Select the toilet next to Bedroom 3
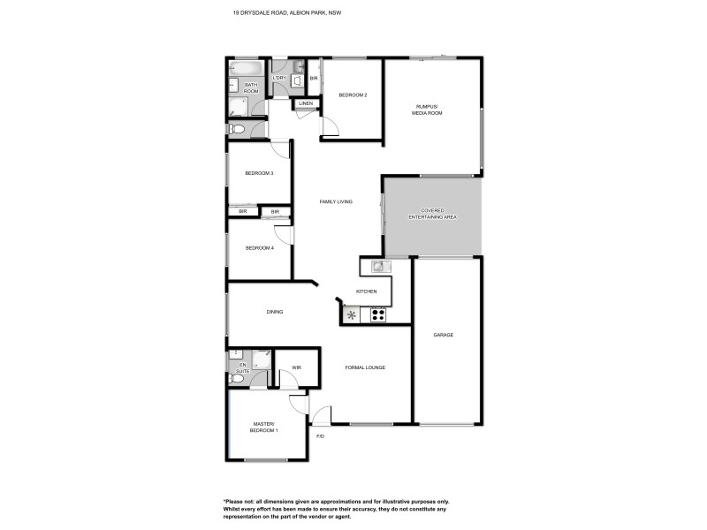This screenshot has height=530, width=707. (236, 129)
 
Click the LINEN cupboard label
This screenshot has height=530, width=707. (306, 104)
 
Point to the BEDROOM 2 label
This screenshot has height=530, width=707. (353, 95)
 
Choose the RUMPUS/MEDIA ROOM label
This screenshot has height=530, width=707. (429, 110)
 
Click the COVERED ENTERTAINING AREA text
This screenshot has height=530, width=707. (432, 214)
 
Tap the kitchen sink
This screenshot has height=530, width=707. (378, 265)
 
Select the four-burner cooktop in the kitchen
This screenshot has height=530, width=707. (378, 314)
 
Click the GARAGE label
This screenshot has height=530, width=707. (444, 335)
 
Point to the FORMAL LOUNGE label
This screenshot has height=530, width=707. (365, 367)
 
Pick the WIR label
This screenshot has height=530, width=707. (297, 367)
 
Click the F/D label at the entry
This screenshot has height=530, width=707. (320, 436)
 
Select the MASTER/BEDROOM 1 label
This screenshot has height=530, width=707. (266, 428)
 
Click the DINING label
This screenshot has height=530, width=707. (274, 312)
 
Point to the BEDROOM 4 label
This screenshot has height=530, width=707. (260, 248)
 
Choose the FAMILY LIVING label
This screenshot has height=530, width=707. (336, 202)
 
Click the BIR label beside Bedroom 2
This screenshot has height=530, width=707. (314, 79)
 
